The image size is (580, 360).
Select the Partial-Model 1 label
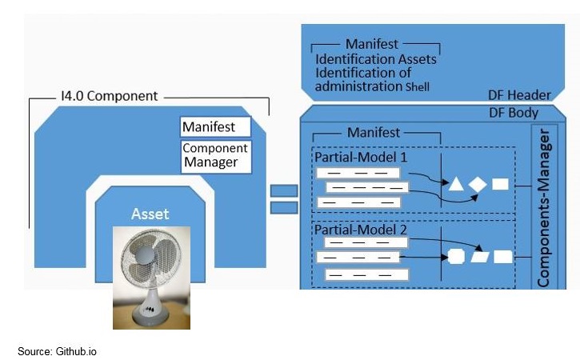pyautogui.click(x=360, y=157)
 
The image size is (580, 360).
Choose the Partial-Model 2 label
pyautogui.click(x=360, y=230)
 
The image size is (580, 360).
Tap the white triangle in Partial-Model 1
pyautogui.click(x=456, y=184)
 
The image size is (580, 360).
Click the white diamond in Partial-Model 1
pyautogui.click(x=478, y=184)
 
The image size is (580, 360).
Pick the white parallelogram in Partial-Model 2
pyautogui.click(x=480, y=257)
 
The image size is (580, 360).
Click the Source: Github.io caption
pyautogui.click(x=58, y=351)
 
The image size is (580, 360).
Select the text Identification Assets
pyautogui.click(x=376, y=59)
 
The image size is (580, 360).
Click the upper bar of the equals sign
pyautogui.click(x=284, y=190)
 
